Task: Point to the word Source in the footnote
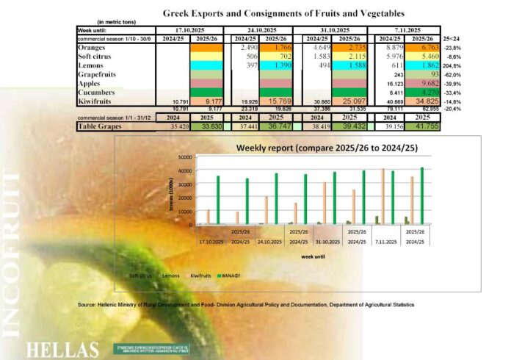(89, 303)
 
